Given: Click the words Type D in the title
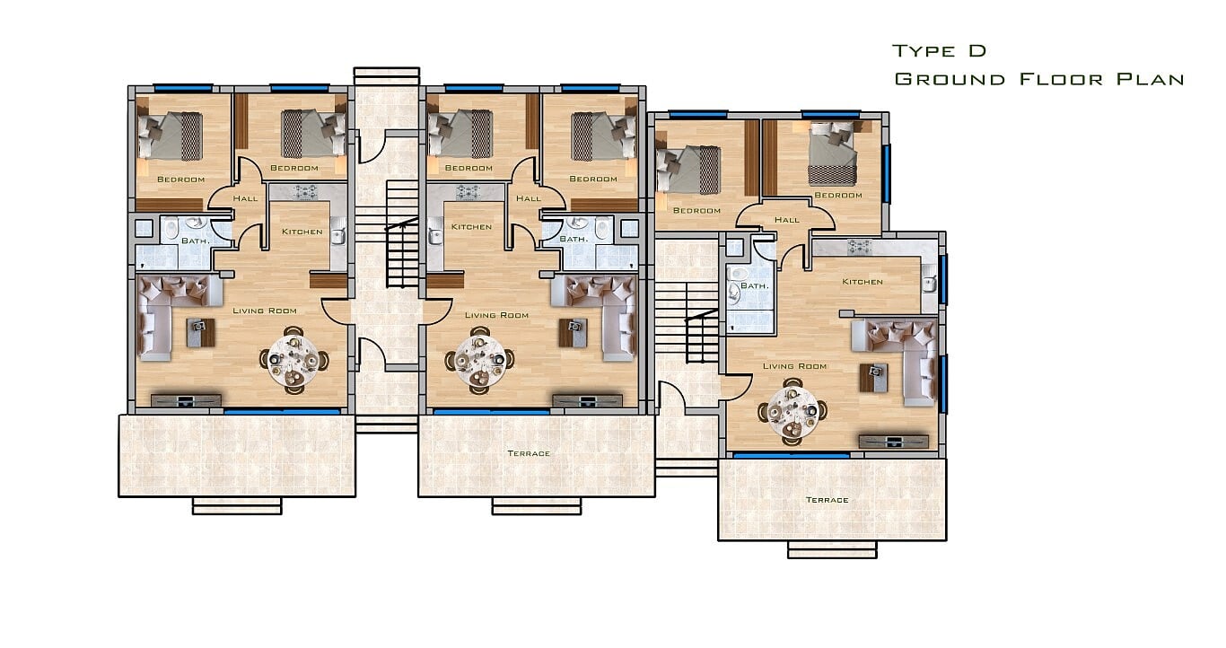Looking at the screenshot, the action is point(939,51).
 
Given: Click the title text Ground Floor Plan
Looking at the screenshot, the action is point(1038,79).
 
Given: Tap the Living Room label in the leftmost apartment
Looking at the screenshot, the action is point(265,311).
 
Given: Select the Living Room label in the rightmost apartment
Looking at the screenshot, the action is point(794,366).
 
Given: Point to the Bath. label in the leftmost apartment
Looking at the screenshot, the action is point(195,241).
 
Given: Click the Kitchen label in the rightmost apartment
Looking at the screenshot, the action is point(863,282).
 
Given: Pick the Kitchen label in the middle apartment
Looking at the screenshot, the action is point(471,226).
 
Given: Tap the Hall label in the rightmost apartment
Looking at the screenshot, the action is point(787,220).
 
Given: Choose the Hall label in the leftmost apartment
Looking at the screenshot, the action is point(245,198).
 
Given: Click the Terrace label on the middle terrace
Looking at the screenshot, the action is point(529,453).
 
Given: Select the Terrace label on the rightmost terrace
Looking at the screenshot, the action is point(827,500).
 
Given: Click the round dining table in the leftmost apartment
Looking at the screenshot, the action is point(293,361).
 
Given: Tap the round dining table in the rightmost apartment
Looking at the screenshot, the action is point(793,412).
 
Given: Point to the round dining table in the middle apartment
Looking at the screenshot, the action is point(479,361).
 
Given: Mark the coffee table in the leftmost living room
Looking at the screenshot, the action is point(201,333).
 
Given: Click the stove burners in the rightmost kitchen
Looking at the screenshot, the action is point(860,248).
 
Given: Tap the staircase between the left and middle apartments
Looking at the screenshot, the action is point(402,234).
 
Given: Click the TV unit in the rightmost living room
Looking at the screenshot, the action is point(894,442).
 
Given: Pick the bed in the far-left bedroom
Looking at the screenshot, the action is point(170,136).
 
